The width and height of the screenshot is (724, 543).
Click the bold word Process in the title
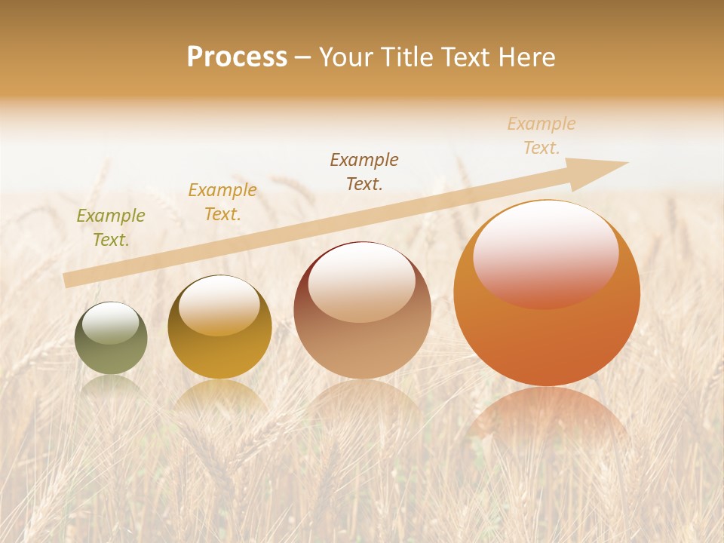pyautogui.click(x=237, y=57)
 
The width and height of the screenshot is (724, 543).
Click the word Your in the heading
pyautogui.click(x=345, y=57)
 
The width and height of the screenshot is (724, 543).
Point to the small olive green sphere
pyautogui.click(x=111, y=339)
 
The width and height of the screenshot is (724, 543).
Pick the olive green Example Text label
pyautogui.click(x=111, y=228)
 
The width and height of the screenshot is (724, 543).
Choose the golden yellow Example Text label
pyautogui.click(x=222, y=202)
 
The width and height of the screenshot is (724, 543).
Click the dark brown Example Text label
pyautogui.click(x=364, y=171)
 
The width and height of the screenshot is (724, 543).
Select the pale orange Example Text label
pyautogui.click(x=541, y=136)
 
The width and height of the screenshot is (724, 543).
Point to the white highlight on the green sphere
pyautogui.click(x=110, y=322)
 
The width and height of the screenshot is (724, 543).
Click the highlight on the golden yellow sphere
pyautogui.click(x=219, y=304)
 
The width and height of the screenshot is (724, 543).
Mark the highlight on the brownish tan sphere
pyautogui.click(x=362, y=283)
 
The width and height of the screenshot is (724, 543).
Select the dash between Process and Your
pyautogui.click(x=302, y=57)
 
